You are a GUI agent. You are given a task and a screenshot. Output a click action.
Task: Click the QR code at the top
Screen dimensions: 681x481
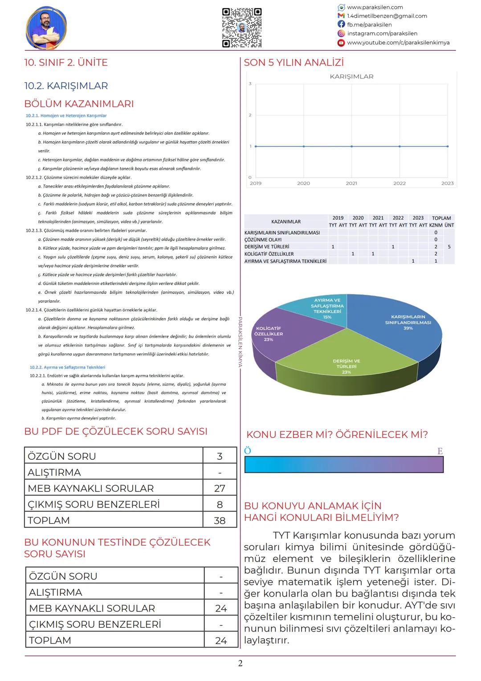[241, 28]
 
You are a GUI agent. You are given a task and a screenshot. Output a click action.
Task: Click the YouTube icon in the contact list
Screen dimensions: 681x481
[341, 43]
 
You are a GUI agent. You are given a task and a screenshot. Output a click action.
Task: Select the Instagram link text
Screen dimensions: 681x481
[382, 33]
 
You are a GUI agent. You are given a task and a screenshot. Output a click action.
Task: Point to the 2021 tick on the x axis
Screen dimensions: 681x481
[351, 183]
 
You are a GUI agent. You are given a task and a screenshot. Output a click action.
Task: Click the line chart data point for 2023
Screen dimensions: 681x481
[448, 146]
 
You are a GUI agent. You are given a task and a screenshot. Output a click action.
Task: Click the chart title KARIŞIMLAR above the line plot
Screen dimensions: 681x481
[351, 77]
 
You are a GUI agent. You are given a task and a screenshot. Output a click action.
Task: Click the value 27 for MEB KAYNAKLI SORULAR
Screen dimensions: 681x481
[220, 488]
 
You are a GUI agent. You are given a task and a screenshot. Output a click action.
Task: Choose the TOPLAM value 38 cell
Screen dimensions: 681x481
[220, 520]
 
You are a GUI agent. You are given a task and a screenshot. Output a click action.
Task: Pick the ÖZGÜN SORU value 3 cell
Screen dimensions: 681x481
[220, 456]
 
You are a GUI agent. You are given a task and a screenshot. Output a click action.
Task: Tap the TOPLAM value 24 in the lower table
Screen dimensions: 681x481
[221, 640]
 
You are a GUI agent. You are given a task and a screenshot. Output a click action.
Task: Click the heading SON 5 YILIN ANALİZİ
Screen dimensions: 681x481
[293, 63]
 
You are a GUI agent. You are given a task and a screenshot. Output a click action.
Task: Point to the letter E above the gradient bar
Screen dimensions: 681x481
[440, 451]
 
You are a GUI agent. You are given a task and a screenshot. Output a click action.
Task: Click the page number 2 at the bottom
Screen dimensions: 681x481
[240, 664]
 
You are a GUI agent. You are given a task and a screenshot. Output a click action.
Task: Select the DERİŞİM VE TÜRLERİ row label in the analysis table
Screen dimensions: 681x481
[267, 247]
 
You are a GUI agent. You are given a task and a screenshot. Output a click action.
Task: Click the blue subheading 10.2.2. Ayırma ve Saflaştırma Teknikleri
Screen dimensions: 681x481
[67, 367]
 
